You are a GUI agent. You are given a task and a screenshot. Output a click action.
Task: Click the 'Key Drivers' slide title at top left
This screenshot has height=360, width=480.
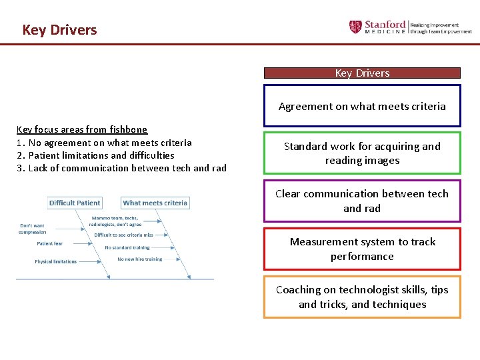[59, 30]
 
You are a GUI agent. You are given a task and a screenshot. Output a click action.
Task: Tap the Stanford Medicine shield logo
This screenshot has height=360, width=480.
[355, 27]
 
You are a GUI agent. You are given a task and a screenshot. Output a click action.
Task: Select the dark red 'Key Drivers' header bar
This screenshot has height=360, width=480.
[362, 73]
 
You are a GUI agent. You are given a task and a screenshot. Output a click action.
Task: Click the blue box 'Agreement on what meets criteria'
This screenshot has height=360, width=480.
[362, 106]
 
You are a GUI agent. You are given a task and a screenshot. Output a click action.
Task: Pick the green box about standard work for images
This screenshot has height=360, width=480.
[362, 153]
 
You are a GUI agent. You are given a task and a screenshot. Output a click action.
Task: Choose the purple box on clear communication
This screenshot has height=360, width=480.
[362, 201]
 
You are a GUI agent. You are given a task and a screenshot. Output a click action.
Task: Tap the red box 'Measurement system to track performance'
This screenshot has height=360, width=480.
[362, 249]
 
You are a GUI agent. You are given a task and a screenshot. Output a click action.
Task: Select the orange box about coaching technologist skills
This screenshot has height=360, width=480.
[362, 297]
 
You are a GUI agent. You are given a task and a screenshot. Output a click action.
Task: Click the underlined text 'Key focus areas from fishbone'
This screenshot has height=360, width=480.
[82, 129]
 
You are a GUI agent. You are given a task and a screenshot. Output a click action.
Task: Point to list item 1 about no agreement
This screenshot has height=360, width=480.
[104, 143]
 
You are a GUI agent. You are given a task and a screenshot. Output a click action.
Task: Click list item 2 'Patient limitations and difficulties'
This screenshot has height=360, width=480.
[95, 155]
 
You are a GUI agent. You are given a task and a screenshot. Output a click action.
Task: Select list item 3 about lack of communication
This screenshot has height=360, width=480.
[121, 168]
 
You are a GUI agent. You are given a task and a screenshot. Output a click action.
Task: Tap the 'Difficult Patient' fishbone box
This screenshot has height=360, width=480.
[75, 203]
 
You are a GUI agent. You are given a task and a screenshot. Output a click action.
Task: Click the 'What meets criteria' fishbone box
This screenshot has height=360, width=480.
[155, 203]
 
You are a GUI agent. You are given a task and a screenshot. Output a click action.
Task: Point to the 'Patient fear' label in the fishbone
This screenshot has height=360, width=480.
[50, 243]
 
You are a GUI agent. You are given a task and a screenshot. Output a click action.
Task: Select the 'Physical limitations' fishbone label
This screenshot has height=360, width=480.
[55, 261]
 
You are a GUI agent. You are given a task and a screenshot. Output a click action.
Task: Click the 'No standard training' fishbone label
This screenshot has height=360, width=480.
[127, 247]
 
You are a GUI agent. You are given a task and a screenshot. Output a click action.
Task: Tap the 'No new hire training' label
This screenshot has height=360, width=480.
[140, 259]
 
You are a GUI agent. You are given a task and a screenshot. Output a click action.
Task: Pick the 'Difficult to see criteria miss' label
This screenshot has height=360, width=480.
[123, 235]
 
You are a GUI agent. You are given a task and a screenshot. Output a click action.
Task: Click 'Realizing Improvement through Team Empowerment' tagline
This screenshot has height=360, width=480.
[441, 27]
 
